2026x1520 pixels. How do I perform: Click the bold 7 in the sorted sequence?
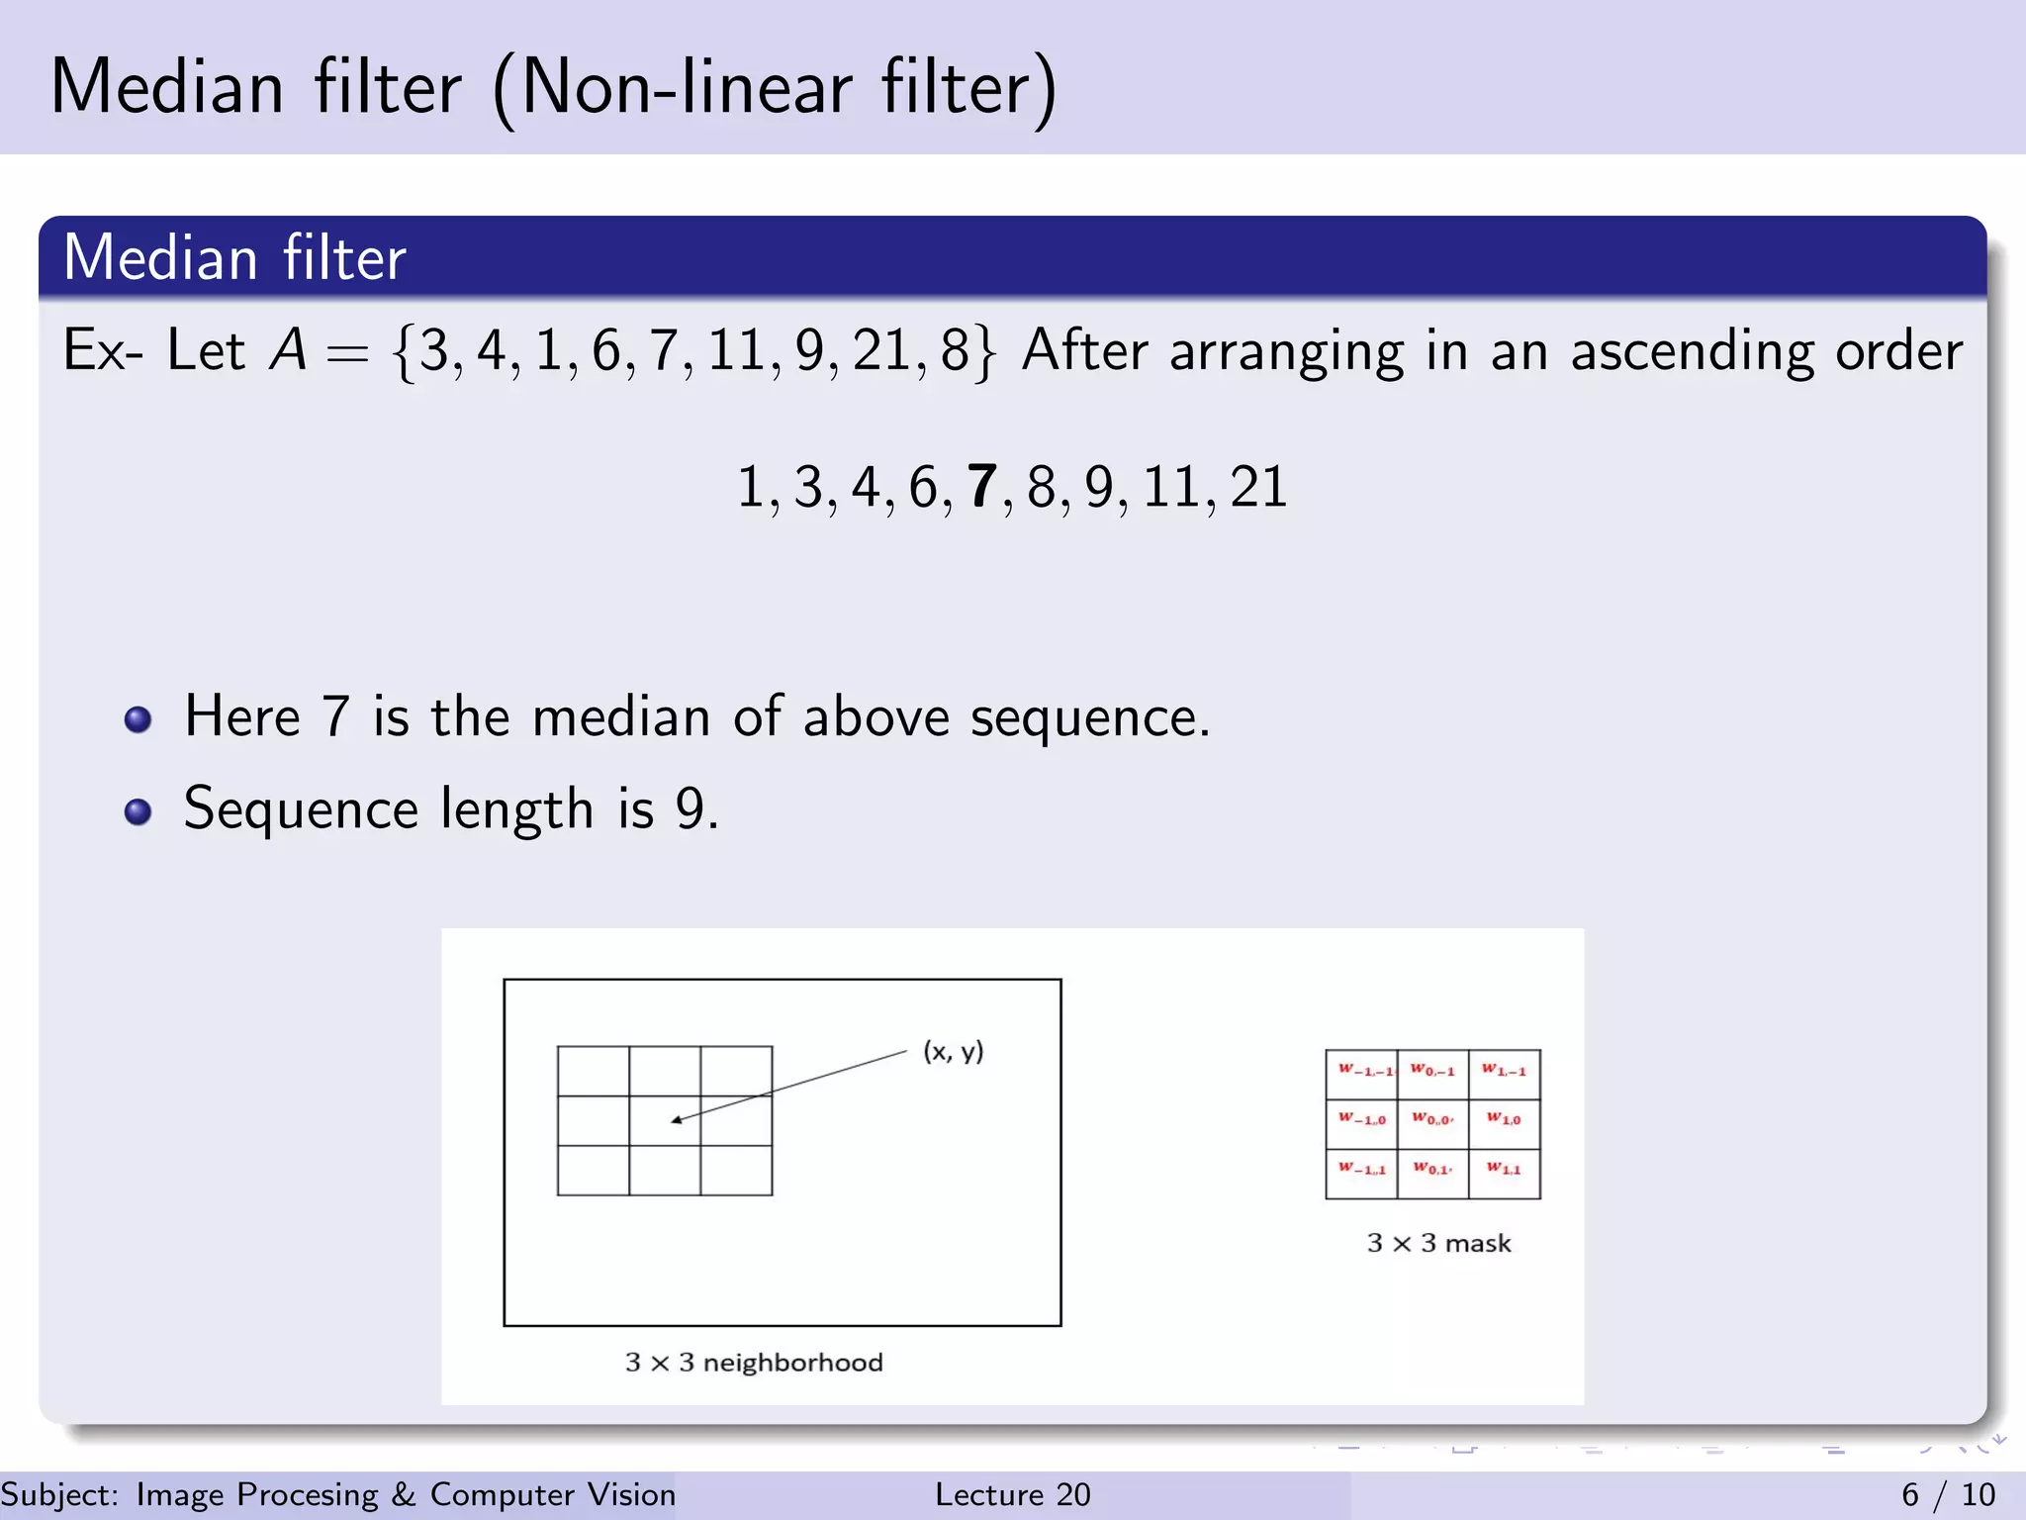(x=980, y=487)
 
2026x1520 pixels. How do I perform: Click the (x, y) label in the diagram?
(x=953, y=1051)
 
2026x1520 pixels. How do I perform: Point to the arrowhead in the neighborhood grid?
(x=677, y=1120)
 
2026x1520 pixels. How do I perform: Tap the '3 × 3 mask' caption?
(x=1438, y=1243)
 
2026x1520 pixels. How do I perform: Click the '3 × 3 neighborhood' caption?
(x=754, y=1363)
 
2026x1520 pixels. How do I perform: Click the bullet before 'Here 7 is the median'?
(x=138, y=719)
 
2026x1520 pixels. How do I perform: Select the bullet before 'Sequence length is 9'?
(x=138, y=811)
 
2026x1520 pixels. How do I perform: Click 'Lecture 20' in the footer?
(x=1012, y=1494)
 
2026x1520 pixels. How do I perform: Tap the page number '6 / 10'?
(x=1948, y=1494)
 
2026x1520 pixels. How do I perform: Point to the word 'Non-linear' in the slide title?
(x=687, y=89)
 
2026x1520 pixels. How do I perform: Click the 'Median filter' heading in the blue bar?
(x=234, y=258)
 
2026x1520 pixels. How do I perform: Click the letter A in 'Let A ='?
(x=289, y=350)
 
